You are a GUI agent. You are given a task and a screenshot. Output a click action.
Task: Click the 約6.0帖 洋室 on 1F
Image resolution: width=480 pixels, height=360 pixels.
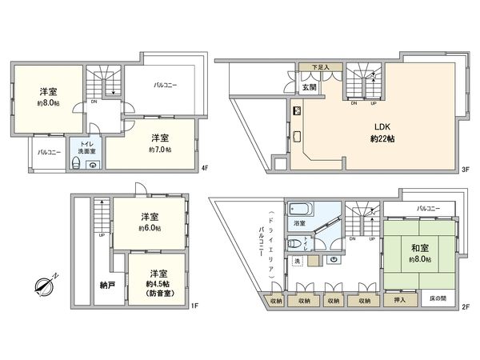(x=149, y=222)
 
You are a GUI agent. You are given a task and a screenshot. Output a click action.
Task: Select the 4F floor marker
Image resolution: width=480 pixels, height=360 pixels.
(x=205, y=169)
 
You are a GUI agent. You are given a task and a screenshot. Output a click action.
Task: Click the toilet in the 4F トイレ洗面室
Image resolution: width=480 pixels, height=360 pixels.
(x=76, y=163)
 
